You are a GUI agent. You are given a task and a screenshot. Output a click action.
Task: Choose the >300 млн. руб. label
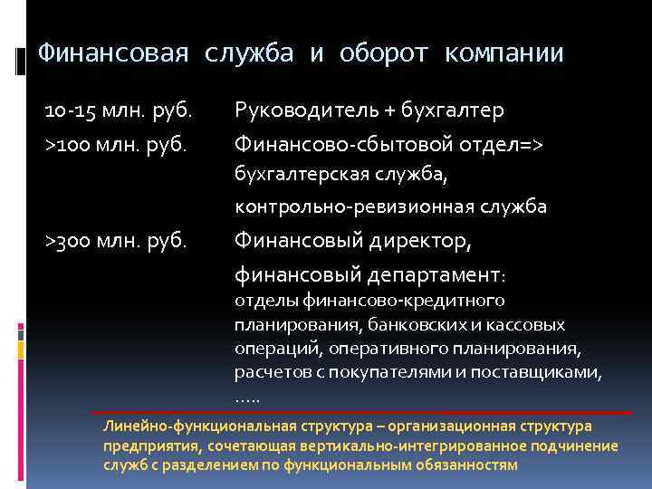(x=117, y=241)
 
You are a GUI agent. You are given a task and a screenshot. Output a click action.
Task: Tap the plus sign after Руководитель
(x=389, y=111)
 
